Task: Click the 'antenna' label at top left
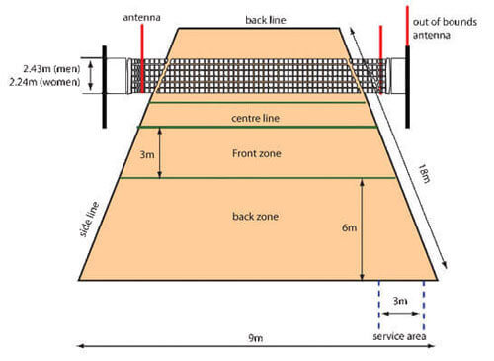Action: [141, 17]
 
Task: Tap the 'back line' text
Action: [266, 20]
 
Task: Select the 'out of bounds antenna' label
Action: [445, 29]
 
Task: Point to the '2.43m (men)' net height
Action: [51, 69]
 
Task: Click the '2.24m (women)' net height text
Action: [44, 82]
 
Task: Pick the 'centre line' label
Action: [255, 118]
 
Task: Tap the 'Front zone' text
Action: [257, 153]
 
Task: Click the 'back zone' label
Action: [256, 217]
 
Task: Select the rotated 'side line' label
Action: [89, 220]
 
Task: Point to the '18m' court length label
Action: [424, 173]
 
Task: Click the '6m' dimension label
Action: [349, 227]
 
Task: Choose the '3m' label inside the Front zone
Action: [147, 154]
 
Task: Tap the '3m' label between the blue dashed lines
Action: [400, 301]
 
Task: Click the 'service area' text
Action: [399, 336]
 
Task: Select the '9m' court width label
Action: [255, 338]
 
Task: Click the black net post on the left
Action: [105, 87]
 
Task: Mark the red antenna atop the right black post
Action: [407, 26]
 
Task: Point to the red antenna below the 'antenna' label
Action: [142, 58]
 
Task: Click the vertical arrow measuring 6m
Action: [362, 229]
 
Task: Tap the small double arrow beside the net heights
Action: [91, 75]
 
